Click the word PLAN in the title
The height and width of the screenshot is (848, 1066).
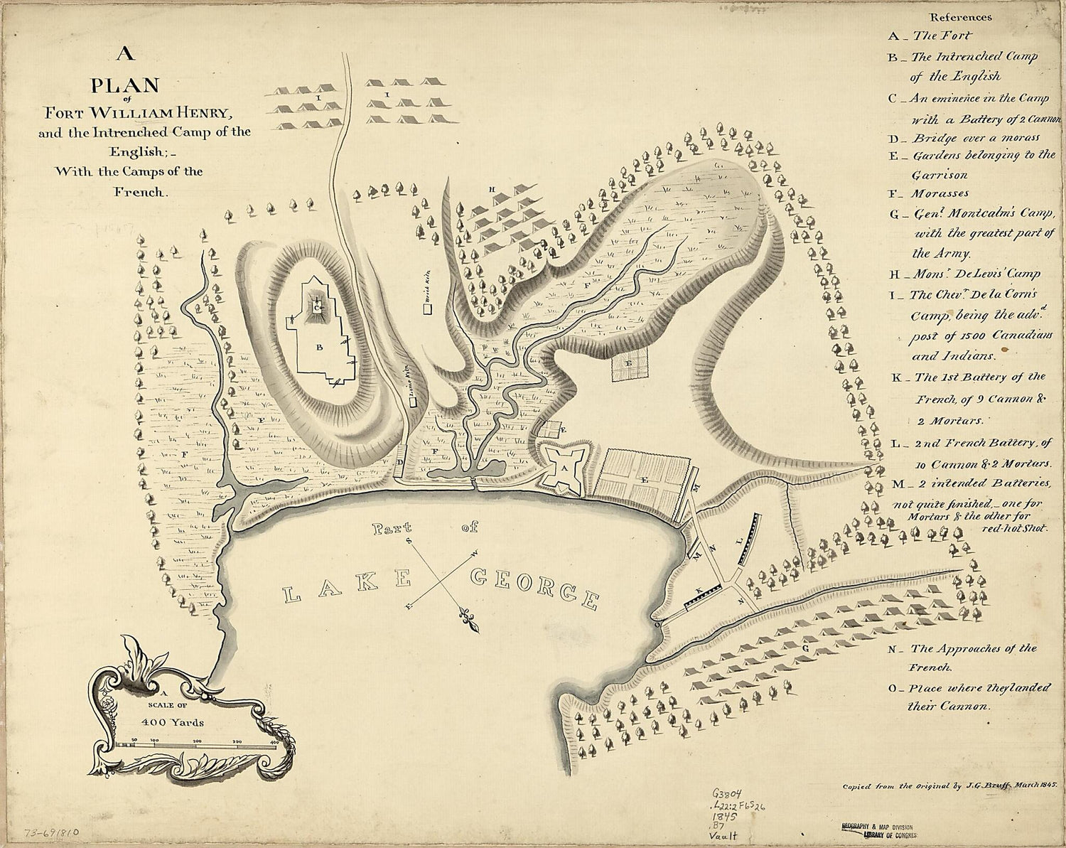click(x=124, y=86)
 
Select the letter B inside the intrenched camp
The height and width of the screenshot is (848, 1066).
click(x=320, y=348)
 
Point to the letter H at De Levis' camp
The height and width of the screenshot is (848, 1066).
click(x=492, y=190)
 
